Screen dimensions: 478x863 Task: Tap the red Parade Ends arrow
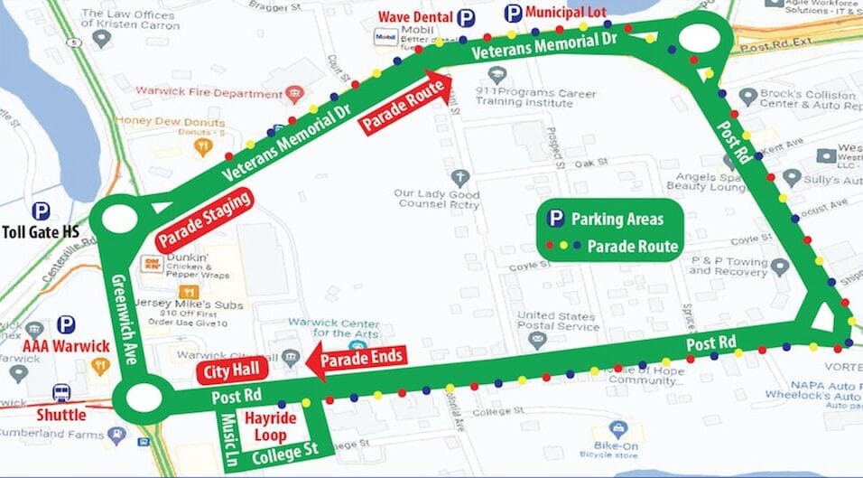(357, 359)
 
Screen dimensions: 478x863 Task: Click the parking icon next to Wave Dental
(466, 17)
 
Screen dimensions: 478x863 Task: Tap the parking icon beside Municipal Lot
(513, 14)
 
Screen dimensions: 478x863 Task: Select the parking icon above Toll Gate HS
(41, 211)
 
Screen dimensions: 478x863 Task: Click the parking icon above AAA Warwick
(66, 324)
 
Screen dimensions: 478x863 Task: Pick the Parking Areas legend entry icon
(557, 218)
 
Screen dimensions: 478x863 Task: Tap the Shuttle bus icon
(61, 393)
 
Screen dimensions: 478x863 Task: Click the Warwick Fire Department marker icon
(293, 92)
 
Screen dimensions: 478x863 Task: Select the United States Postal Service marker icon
(539, 341)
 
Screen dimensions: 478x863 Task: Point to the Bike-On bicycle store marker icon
(618, 429)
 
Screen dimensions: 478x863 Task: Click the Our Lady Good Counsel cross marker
(460, 176)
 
